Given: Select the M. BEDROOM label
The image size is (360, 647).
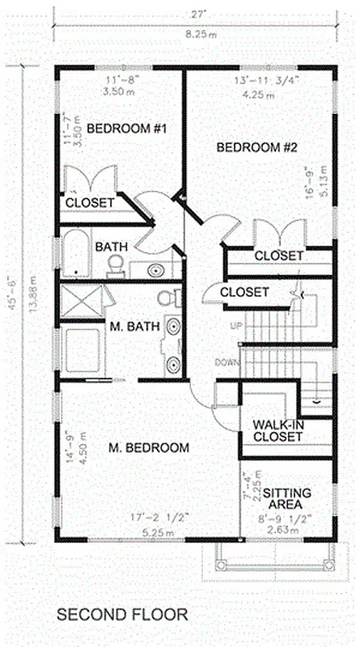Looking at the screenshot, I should click(149, 447).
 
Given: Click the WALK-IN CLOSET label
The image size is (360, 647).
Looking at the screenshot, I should click(277, 430).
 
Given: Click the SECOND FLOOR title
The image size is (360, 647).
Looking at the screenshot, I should click(121, 615).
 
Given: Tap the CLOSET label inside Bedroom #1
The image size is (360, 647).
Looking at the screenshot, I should click(90, 202).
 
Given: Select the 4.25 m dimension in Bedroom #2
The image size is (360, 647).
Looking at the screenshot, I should click(258, 94).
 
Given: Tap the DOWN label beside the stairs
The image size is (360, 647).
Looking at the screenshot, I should click(226, 362).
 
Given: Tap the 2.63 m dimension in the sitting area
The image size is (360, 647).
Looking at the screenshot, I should click(287, 531).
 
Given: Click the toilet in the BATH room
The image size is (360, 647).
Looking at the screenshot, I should click(116, 264).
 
